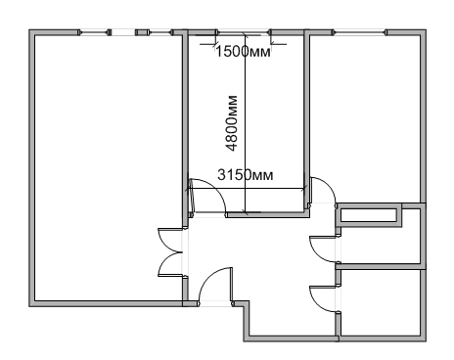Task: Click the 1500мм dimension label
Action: (244, 52)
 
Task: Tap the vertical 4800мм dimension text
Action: (232, 123)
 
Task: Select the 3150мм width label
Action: (246, 175)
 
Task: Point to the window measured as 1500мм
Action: (244, 32)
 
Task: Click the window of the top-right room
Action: (359, 32)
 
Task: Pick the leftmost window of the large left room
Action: (95, 32)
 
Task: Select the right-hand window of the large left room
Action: (155, 32)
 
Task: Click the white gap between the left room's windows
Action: (123, 32)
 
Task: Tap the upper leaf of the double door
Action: (170, 241)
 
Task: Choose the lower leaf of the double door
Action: (170, 264)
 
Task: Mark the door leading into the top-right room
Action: (323, 190)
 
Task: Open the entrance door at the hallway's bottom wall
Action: (215, 287)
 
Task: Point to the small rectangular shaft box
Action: (369, 215)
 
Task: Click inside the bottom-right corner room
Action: (381, 302)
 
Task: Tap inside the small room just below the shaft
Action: (381, 246)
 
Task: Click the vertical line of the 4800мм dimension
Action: (246, 124)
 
